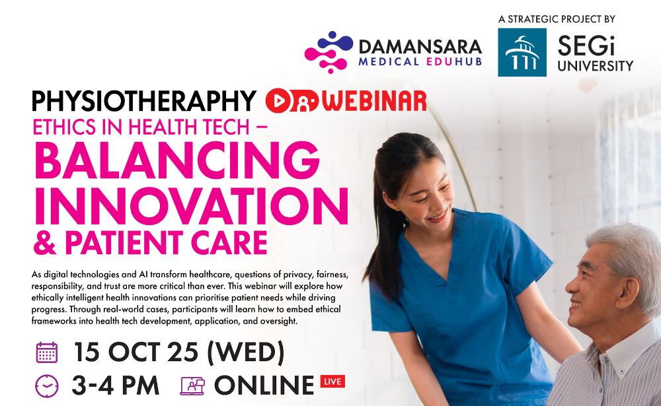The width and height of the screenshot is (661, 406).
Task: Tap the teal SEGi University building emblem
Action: [x=522, y=52]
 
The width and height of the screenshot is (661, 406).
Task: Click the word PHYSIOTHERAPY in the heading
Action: [x=143, y=102]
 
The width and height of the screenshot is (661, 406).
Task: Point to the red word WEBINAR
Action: [x=374, y=101]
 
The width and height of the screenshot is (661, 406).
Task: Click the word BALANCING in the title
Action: [x=177, y=160]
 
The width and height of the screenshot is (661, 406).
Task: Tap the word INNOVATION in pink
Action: [x=192, y=206]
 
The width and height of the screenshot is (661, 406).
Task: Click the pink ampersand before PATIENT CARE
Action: [x=45, y=243]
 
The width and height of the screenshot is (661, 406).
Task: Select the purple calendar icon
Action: [x=47, y=353]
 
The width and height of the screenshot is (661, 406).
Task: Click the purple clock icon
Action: [x=47, y=386]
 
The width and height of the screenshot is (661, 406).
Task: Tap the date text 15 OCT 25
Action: [x=136, y=352]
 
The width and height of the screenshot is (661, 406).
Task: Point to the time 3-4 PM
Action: [x=116, y=386]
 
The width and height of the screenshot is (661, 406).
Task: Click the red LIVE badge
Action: [x=332, y=382]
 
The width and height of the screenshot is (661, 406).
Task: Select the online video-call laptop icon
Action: [x=192, y=386]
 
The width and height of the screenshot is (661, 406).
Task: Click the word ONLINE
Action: [x=264, y=386]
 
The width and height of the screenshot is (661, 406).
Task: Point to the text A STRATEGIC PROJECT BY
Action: [x=557, y=19]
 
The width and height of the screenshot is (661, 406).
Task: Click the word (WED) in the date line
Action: [x=246, y=353]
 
